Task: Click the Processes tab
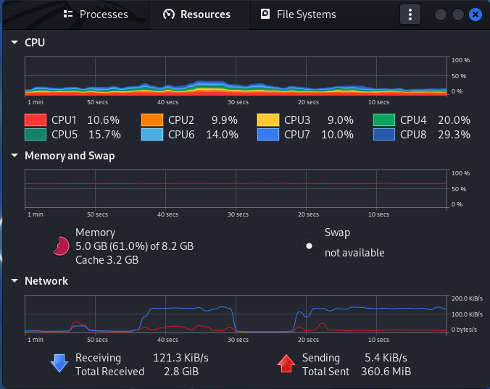tap(95, 14)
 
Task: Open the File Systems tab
tap(298, 14)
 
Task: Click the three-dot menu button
tap(410, 14)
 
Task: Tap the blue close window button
tap(476, 14)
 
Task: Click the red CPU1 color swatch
tap(36, 120)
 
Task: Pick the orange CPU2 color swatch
tap(151, 120)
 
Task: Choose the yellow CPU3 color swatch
tap(267, 120)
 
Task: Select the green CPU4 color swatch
tap(384, 120)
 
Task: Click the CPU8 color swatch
tap(384, 134)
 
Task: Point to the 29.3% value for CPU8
tap(454, 134)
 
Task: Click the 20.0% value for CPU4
tap(454, 120)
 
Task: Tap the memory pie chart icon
tap(59, 246)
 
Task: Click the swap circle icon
tap(310, 246)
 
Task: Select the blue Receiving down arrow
tap(59, 364)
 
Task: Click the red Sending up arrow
tap(286, 364)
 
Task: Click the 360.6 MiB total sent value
tap(388, 372)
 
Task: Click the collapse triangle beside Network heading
tap(14, 281)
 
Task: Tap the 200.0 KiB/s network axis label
tap(467, 298)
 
